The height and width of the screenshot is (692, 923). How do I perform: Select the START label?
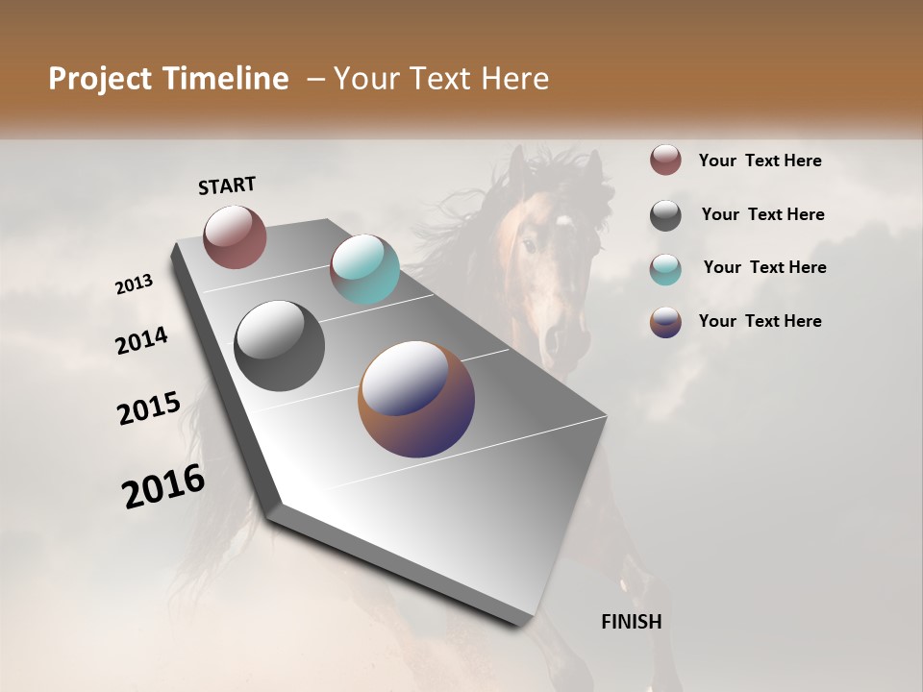coord(227,185)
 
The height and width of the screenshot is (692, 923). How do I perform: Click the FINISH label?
coord(632,622)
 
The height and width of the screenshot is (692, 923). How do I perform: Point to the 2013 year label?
coord(134,284)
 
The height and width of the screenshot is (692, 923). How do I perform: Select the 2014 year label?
coord(141,340)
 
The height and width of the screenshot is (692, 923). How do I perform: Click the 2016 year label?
coord(163,486)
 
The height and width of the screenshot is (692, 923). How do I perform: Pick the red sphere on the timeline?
coord(235,236)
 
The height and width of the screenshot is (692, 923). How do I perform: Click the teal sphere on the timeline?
coord(364,269)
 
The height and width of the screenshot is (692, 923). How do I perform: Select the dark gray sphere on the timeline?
coord(279,346)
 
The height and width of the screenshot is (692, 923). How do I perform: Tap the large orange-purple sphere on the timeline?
coord(416,399)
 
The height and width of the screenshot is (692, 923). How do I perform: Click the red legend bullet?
coord(665,160)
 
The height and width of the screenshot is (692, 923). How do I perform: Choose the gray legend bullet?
coord(665,215)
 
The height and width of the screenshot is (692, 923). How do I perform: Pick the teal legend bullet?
coord(665,269)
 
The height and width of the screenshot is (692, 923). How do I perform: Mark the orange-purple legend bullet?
coord(665,322)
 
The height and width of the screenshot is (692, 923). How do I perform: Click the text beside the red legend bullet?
coord(760,161)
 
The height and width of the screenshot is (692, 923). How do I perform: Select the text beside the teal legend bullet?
coord(764,267)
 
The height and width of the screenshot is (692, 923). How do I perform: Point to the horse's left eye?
coord(529,245)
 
